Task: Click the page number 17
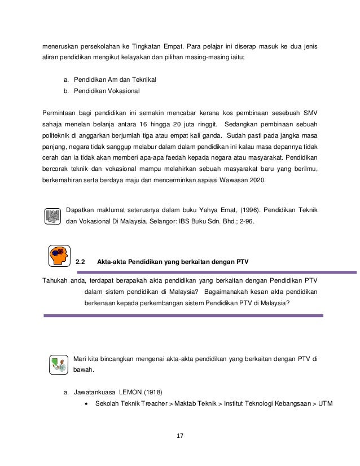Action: (x=179, y=436)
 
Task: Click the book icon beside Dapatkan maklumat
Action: (x=52, y=216)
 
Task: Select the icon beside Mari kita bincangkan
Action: (x=58, y=364)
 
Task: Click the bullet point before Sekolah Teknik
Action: (x=86, y=403)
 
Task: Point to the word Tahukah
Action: (x=57, y=280)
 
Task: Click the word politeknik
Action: (x=59, y=136)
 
